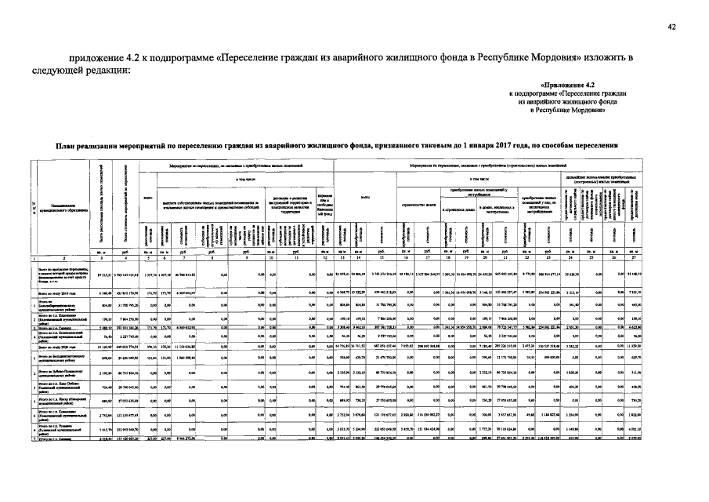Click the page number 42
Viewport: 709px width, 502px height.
pos(671,27)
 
